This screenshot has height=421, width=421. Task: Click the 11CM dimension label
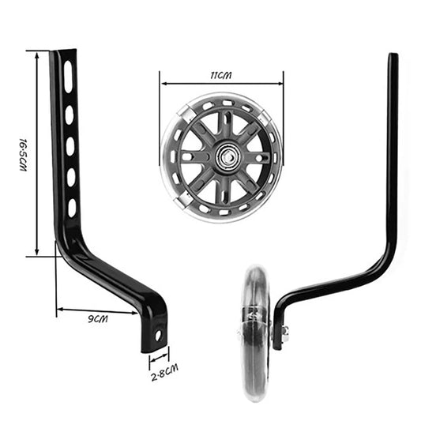(220, 74)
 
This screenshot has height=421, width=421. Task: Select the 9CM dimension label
(98, 318)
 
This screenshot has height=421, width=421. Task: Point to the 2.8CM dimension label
(164, 367)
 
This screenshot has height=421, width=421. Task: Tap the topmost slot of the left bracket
(69, 77)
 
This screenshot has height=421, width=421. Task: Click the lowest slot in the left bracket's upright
(72, 208)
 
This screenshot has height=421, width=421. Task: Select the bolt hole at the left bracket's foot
(157, 335)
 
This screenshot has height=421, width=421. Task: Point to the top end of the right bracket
(393, 57)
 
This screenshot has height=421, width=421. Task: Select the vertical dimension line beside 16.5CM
(37, 153)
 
